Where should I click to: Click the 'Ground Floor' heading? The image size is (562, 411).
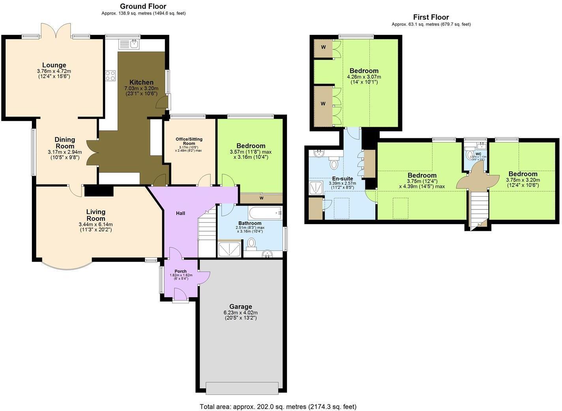coord(143,6)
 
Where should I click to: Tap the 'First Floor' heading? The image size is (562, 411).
coord(431,17)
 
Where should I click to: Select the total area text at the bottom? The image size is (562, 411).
coord(278,406)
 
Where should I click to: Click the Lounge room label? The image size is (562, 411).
coord(54,65)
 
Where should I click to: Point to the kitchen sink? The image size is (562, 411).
coord(129,44)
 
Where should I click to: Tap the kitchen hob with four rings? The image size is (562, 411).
coord(111,75)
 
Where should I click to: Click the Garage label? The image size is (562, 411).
coord(241,307)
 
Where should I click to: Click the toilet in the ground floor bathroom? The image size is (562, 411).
coord(251,243)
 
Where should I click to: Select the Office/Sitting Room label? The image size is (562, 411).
coord(189,141)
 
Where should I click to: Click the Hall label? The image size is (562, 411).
coord(180,213)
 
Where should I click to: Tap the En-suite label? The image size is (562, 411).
coord(343,179)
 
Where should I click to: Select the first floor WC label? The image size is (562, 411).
coord(478,154)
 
